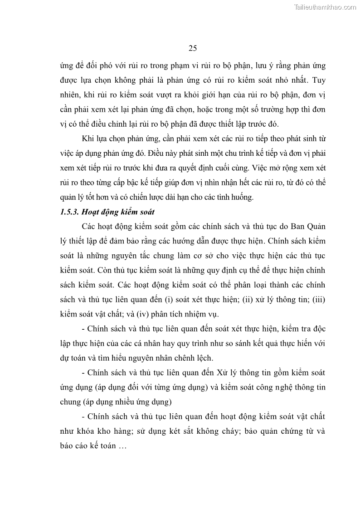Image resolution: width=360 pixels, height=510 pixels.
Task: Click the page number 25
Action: (x=192, y=49)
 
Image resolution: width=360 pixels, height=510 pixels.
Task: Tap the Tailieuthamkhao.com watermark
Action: (x=325, y=7)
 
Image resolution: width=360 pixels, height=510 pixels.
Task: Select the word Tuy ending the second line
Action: (x=319, y=80)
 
